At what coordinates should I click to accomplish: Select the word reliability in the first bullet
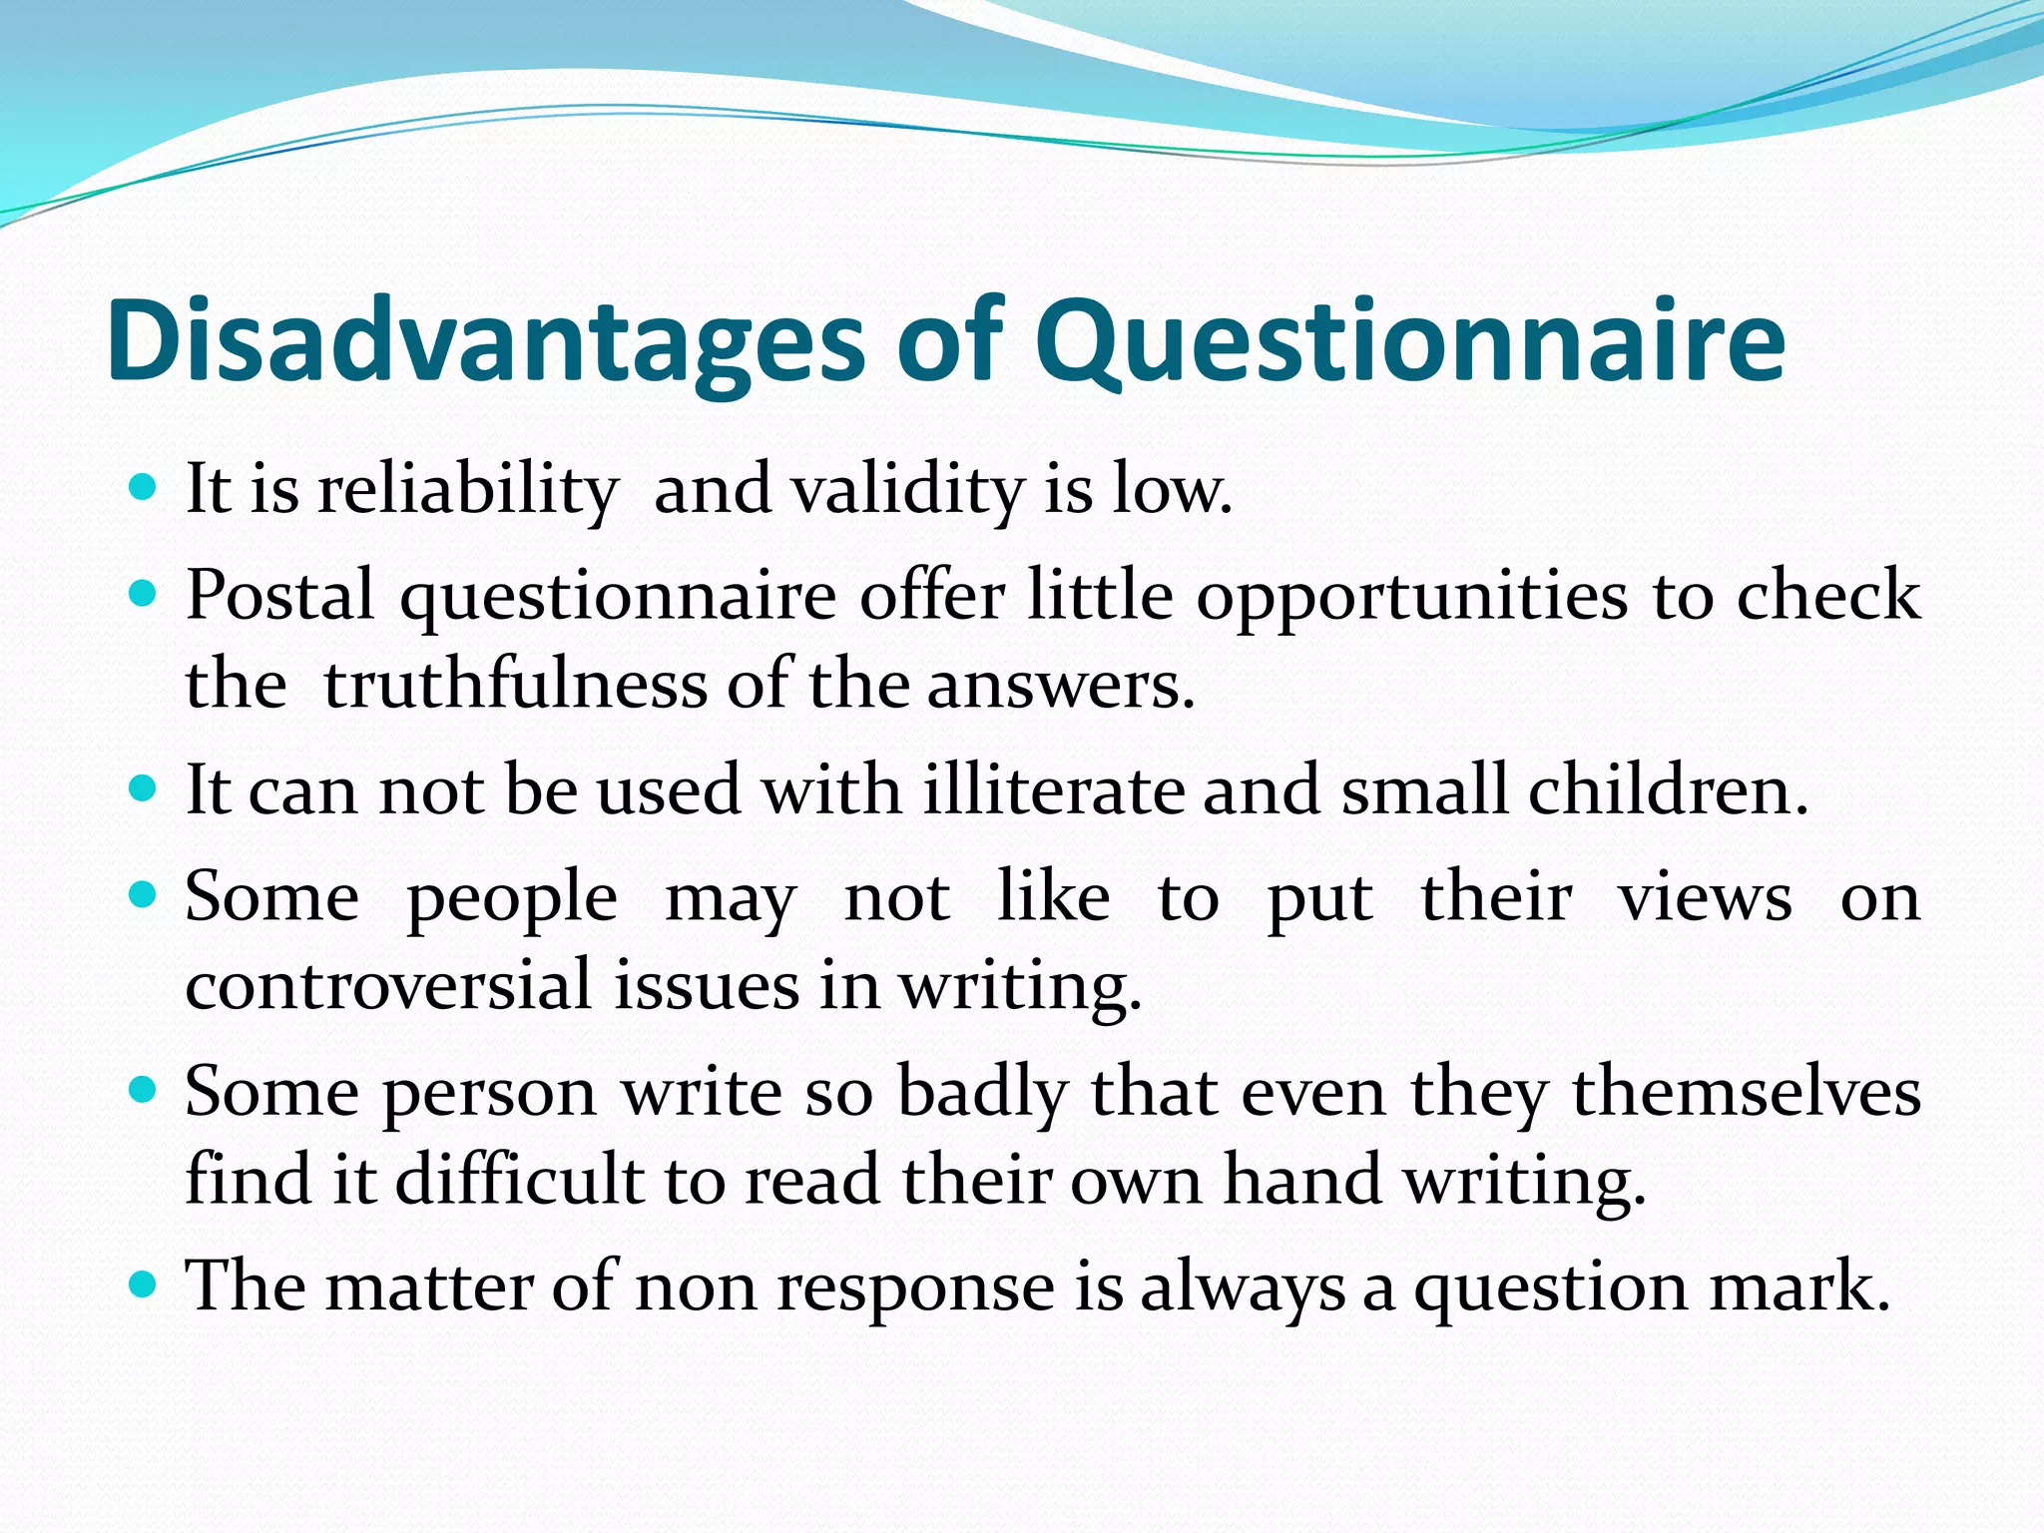click(468, 491)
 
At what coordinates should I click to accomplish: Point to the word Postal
click(279, 596)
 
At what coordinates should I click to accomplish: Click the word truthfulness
click(515, 686)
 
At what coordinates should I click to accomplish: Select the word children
click(1668, 790)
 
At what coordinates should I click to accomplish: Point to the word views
click(1705, 897)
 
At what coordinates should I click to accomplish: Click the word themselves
click(1747, 1091)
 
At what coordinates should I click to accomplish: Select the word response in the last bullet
click(915, 1286)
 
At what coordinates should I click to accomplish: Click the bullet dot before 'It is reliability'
click(144, 488)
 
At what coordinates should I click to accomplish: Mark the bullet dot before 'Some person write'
click(144, 1088)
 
